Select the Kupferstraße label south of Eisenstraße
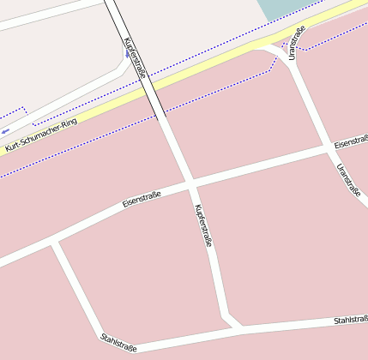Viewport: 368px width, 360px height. click(202, 226)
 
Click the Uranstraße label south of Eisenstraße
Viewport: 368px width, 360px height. click(348, 180)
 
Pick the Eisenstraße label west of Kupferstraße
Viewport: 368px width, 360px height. click(142, 197)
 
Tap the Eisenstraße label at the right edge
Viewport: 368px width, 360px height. click(351, 140)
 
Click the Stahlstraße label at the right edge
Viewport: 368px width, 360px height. click(350, 321)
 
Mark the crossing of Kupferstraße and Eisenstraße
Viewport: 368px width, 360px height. click(190, 183)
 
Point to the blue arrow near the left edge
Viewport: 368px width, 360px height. click(7, 129)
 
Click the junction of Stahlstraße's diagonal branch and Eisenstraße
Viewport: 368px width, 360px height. click(54, 243)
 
